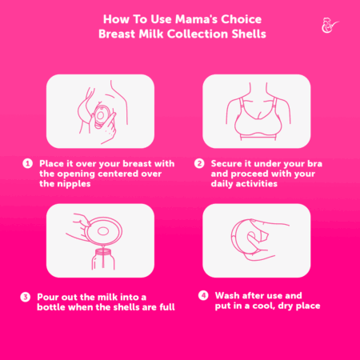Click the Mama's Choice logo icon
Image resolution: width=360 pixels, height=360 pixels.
[x=330, y=26]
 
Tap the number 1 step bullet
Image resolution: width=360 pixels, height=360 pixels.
[x=27, y=163]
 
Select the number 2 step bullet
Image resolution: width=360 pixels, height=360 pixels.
[x=199, y=163]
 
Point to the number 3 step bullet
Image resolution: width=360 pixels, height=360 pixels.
[x=26, y=297]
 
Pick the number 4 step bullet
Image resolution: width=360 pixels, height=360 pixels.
[x=203, y=295]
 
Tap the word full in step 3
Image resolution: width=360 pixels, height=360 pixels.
[x=167, y=307]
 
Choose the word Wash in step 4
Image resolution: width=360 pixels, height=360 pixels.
[x=226, y=295]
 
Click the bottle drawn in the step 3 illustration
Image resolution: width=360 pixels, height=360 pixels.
[x=103, y=259]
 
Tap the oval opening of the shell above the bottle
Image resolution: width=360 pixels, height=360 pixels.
[x=103, y=231]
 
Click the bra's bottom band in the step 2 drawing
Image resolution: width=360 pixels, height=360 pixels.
[x=258, y=138]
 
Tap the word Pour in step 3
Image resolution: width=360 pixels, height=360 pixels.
[x=47, y=297]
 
